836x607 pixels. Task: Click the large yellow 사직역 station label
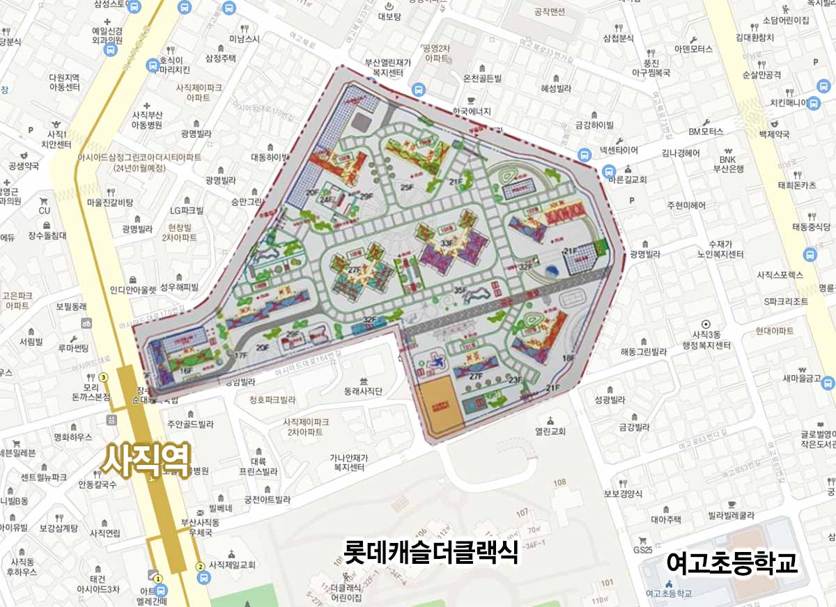point(147,462)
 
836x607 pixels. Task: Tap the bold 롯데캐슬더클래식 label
point(431,553)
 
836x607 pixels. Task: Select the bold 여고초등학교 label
point(731,563)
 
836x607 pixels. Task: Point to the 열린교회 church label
point(550,431)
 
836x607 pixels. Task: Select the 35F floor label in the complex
point(460,290)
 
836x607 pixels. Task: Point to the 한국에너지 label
point(472,111)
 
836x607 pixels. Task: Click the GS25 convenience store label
point(642,550)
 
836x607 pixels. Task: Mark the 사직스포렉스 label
point(780,275)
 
